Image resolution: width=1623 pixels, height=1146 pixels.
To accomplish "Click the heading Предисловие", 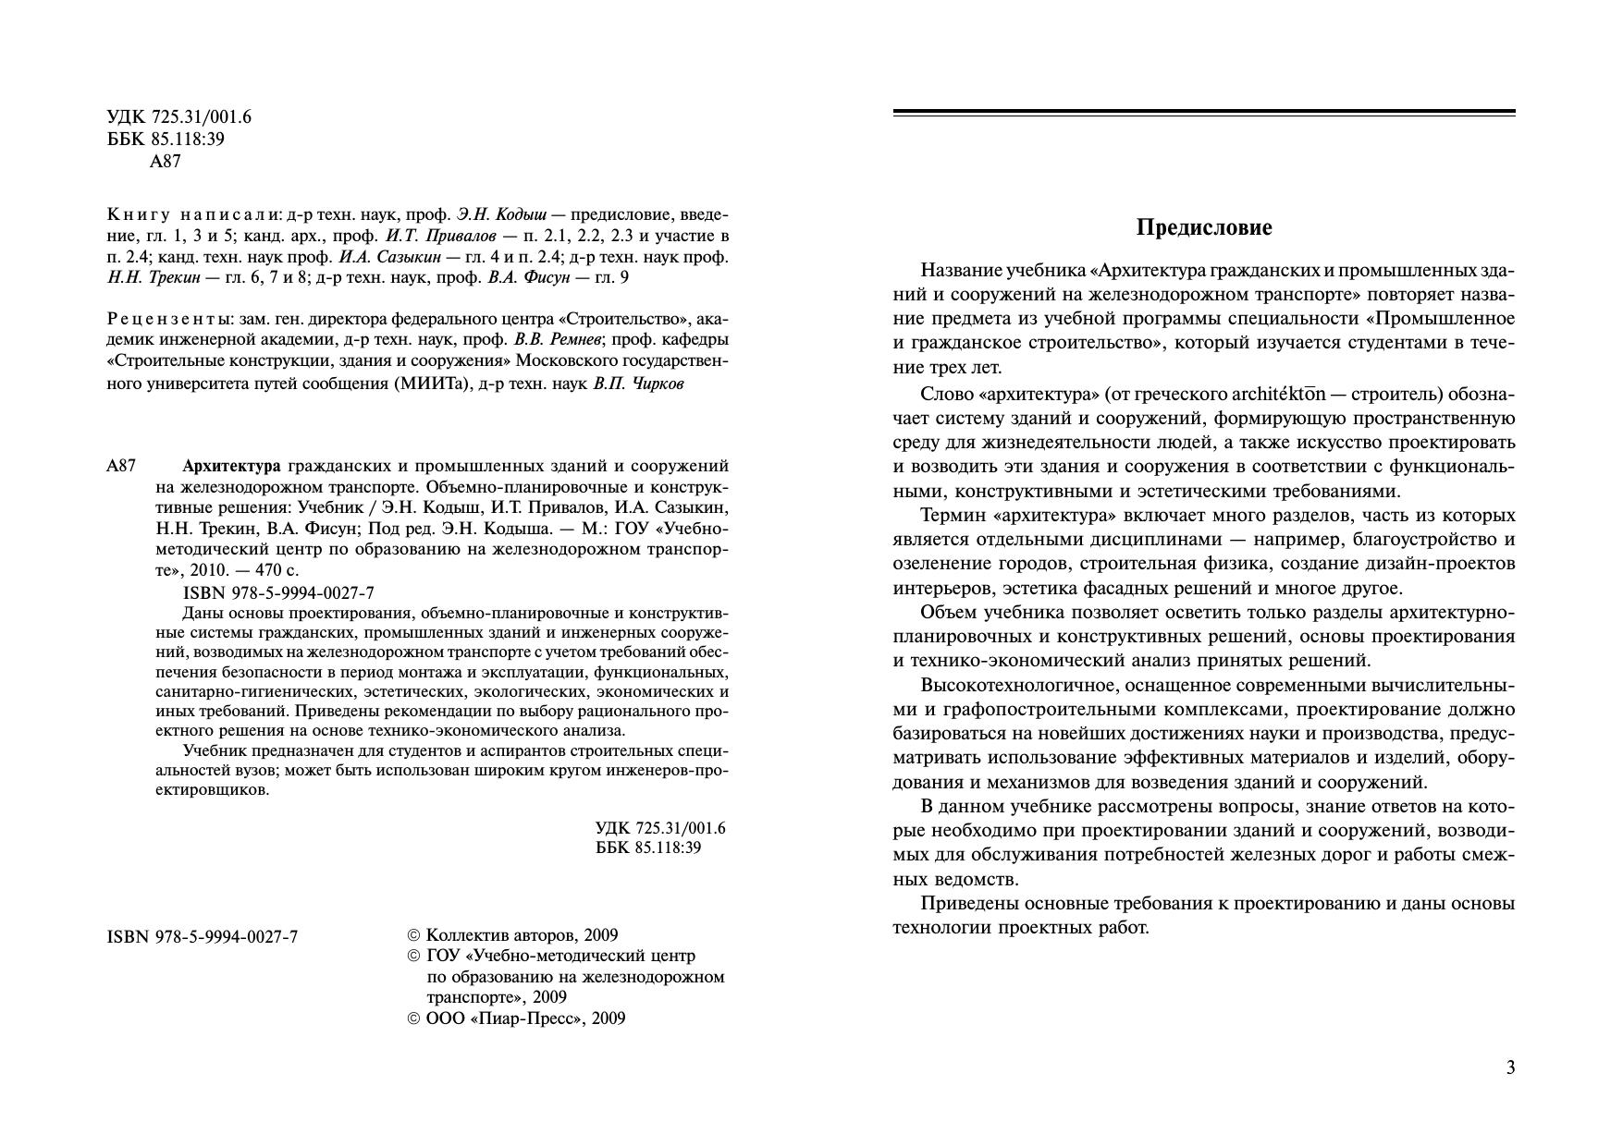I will pyautogui.click(x=1203, y=228).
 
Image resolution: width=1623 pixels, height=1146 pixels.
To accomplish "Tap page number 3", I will pyautogui.click(x=1510, y=1068).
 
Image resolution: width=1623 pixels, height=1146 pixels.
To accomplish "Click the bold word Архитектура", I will pyautogui.click(x=231, y=466).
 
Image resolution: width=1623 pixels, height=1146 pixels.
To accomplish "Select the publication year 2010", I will pyautogui.click(x=204, y=571).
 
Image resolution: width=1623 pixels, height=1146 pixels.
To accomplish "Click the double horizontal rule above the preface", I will pyautogui.click(x=1203, y=113).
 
